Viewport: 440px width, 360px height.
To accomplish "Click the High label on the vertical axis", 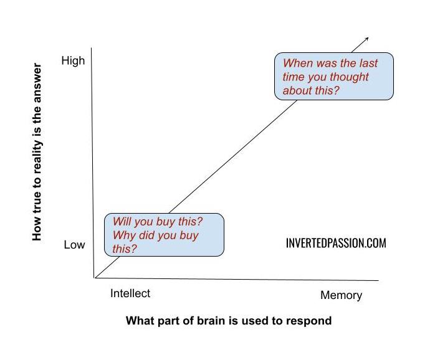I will (73, 61).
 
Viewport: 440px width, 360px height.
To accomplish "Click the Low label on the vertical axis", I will (74, 245).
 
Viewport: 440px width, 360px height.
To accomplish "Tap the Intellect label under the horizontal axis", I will (130, 293).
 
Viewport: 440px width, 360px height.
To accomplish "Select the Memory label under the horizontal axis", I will (341, 295).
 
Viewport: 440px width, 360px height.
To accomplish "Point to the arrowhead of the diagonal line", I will (367, 39).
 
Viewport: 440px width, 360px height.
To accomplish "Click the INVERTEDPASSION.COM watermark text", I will (336, 244).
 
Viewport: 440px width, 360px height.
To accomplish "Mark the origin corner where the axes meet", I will (94, 277).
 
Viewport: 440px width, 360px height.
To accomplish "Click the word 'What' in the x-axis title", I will (139, 321).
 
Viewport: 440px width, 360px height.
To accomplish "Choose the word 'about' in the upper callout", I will (297, 91).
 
